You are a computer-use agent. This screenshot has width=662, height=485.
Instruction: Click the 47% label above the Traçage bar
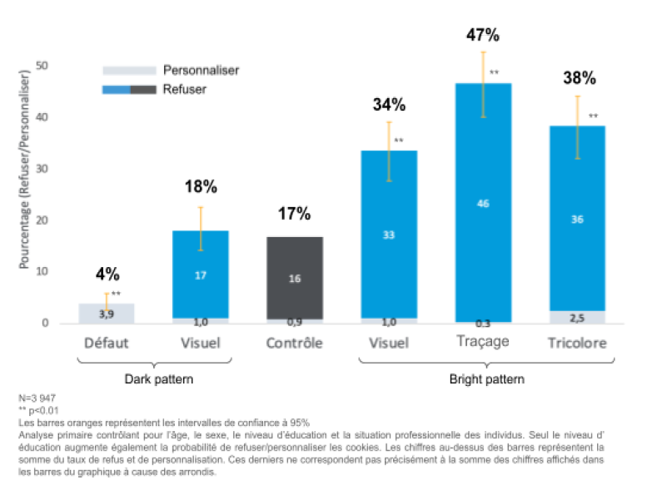click(483, 35)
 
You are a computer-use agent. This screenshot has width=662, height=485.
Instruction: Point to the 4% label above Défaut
click(107, 273)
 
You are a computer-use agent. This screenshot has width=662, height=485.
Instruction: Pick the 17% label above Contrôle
click(293, 214)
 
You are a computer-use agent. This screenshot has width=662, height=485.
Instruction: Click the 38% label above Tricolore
click(579, 78)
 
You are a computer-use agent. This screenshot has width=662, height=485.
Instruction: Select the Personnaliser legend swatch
click(129, 71)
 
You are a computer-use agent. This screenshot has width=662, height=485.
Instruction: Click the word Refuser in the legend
click(185, 89)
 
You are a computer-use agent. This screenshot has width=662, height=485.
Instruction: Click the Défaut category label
click(107, 343)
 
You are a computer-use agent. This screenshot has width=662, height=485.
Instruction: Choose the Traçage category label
click(483, 341)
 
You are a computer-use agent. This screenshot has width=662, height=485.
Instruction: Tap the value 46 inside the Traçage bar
click(484, 203)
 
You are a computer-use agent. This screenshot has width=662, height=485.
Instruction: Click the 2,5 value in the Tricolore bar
click(579, 317)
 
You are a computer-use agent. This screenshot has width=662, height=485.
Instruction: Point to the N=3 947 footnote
click(39, 398)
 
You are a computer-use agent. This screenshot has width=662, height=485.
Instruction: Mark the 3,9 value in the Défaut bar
click(107, 314)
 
